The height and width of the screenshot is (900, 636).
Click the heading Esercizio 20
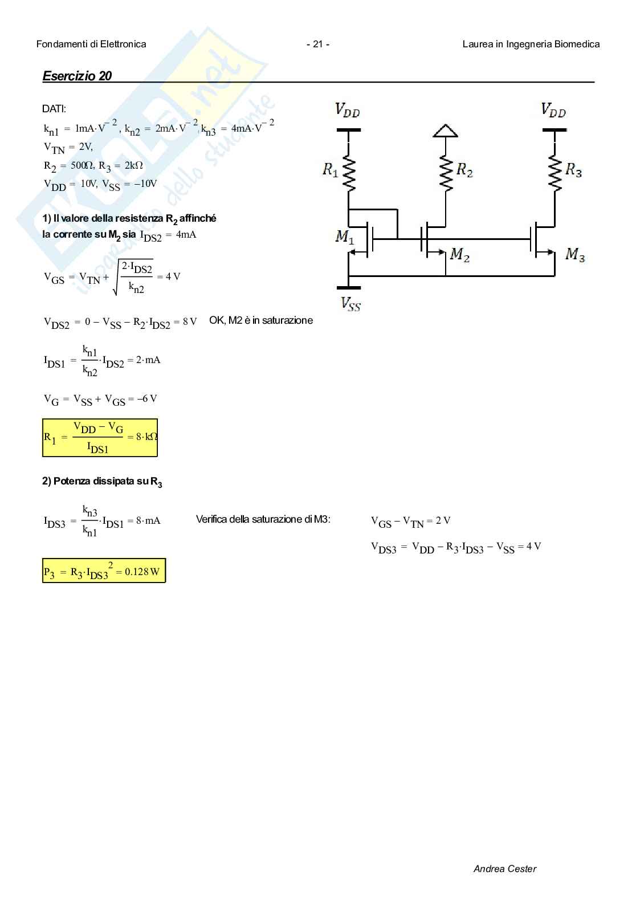point(77,76)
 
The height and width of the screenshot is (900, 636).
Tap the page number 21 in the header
point(317,44)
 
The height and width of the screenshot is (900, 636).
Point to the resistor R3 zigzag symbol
point(554,169)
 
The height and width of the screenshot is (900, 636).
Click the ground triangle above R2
point(446,131)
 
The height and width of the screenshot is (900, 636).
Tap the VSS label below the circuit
point(350,303)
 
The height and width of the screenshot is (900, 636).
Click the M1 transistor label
point(344,236)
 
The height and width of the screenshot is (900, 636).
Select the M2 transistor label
point(460,255)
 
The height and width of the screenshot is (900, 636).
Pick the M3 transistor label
point(574,255)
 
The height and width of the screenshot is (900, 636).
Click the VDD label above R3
point(553,109)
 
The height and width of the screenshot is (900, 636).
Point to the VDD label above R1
point(347,109)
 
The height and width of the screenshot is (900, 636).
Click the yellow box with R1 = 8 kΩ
point(100,438)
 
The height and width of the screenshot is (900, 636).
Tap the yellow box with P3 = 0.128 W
point(104,571)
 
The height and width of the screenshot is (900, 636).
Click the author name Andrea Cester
point(504,869)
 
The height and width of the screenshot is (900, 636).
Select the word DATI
point(54,109)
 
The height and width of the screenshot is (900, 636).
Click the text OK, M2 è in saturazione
point(261,320)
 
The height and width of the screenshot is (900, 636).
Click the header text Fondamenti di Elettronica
point(91,44)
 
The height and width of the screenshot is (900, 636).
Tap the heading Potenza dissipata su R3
point(102,482)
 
